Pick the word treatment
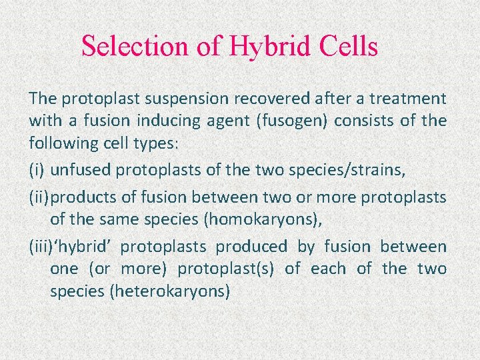409,99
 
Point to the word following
60,143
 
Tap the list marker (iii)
41,247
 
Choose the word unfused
81,170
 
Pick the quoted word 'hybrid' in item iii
83,247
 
